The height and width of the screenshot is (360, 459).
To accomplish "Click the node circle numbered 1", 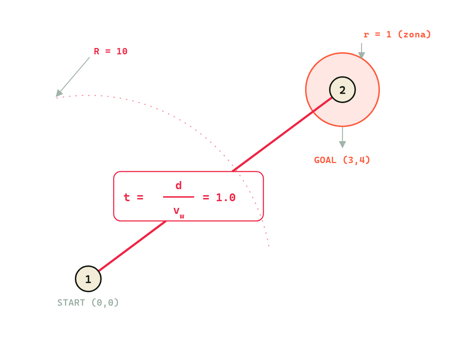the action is click(x=88, y=279).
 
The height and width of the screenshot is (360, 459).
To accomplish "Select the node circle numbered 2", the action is click(x=342, y=90).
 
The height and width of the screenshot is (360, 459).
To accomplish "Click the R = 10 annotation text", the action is click(x=111, y=51).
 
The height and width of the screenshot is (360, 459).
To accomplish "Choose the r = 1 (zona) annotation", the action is click(x=397, y=35).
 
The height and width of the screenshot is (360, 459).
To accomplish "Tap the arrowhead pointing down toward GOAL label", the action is click(x=342, y=144).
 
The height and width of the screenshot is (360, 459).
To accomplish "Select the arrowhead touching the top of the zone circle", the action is click(x=361, y=55).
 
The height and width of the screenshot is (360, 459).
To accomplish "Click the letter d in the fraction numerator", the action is click(x=179, y=185).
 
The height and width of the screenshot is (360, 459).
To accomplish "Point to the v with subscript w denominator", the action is click(x=179, y=212).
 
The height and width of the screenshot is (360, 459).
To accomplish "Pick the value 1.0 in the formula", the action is click(x=225, y=197).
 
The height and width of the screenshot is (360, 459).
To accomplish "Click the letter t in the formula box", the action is click(x=126, y=197).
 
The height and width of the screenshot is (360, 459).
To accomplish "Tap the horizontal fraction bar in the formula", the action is click(x=179, y=197).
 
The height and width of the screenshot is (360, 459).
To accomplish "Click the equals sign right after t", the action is click(x=140, y=197).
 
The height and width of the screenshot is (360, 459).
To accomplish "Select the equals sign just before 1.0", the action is click(x=206, y=197).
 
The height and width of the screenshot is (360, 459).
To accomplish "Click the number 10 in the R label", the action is click(x=122, y=51).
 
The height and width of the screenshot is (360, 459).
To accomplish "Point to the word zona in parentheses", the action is click(x=414, y=35).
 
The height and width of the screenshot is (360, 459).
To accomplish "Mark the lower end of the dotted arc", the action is click(x=269, y=246).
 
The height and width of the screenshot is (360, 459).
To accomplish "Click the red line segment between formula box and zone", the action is click(x=282, y=134).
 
